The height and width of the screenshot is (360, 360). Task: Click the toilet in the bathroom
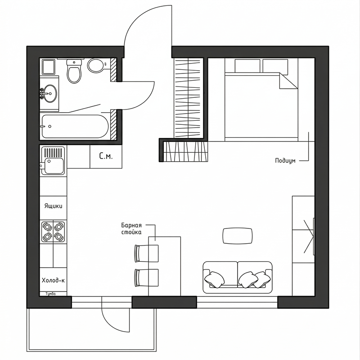[x=74, y=71]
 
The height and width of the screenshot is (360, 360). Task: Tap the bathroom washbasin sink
[x=50, y=93]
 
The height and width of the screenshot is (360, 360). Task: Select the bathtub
[x=75, y=126]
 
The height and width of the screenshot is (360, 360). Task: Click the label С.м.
[x=106, y=156]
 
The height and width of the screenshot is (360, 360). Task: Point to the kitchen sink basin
[x=54, y=165]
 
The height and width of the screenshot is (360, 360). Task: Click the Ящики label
[x=53, y=206]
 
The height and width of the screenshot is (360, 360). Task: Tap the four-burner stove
[x=53, y=232]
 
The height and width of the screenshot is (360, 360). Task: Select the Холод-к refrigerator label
[x=53, y=280]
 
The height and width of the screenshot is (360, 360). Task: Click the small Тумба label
[x=51, y=294]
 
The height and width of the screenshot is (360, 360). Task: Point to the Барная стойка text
[x=131, y=228]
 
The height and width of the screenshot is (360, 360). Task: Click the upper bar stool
[x=146, y=253]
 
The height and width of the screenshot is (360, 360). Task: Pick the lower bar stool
[x=146, y=278]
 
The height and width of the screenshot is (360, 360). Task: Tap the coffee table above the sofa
[x=238, y=236]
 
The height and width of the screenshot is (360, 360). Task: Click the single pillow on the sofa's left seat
[x=215, y=279]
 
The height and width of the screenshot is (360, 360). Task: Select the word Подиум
[x=285, y=161]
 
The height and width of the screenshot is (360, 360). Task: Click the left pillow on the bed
[x=247, y=66]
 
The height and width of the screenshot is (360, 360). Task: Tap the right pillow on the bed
[x=275, y=66]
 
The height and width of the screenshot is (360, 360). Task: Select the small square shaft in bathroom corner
[x=48, y=67]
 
